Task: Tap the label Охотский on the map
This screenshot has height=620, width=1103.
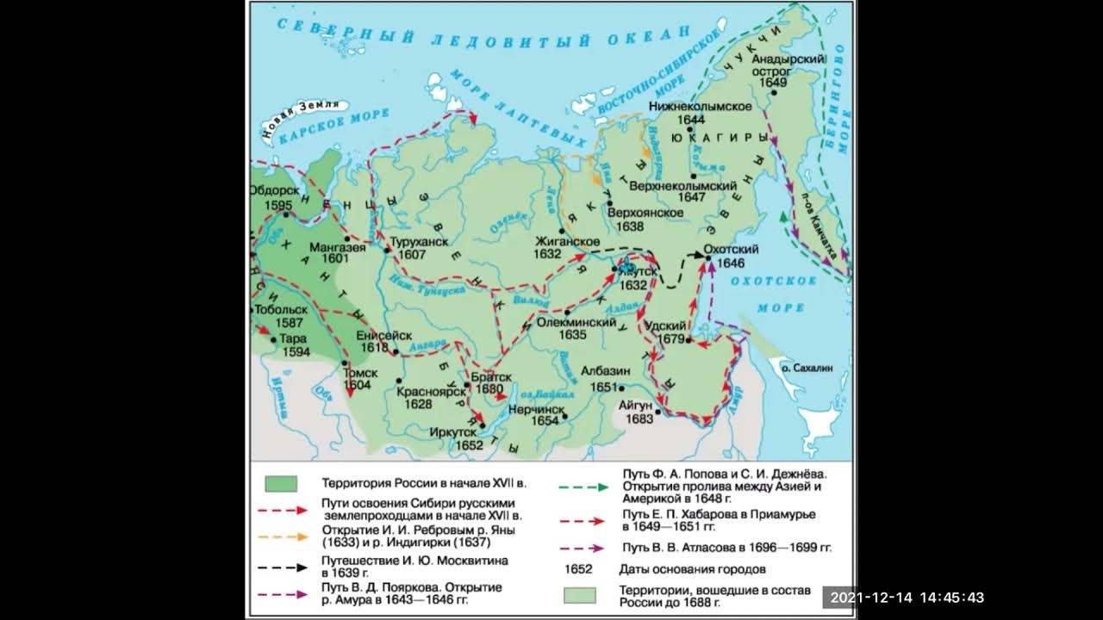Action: pyautogui.click(x=731, y=249)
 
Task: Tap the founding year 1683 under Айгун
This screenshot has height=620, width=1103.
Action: pyautogui.click(x=639, y=418)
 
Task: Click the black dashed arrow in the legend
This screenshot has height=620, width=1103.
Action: pyautogui.click(x=281, y=567)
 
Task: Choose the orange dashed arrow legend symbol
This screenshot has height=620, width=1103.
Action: pyautogui.click(x=281, y=536)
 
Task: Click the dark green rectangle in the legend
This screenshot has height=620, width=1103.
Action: pyautogui.click(x=281, y=484)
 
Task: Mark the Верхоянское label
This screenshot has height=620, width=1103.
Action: pyautogui.click(x=639, y=212)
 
